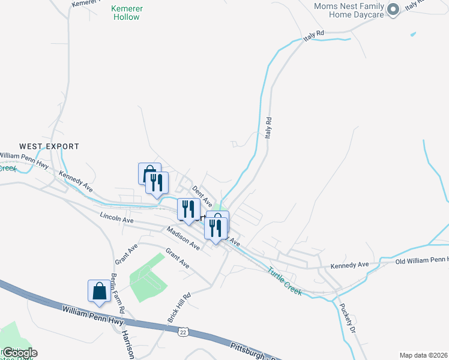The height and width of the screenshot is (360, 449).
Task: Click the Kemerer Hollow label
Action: (x=126, y=13)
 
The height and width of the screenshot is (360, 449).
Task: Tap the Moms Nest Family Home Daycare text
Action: (x=348, y=11)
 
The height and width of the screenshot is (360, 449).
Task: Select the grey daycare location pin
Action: (x=393, y=10)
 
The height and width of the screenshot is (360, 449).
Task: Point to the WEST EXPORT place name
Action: (x=49, y=146)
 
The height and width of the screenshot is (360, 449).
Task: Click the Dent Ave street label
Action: (x=202, y=194)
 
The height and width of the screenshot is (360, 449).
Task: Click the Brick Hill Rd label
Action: (x=179, y=307)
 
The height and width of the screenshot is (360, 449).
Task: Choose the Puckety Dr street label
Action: (x=348, y=319)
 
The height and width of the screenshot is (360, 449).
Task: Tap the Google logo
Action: (x=19, y=353)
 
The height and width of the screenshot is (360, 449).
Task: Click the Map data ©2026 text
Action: (x=423, y=355)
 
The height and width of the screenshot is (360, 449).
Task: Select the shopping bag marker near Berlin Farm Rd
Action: (x=98, y=292)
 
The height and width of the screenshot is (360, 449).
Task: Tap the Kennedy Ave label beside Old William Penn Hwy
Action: (x=350, y=265)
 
